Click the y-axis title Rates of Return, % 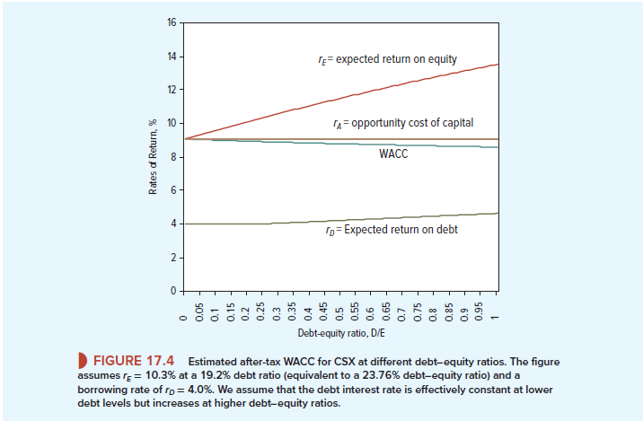(x=154, y=157)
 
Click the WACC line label (x=394, y=154)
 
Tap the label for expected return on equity (x=388, y=59)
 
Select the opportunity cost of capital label (x=401, y=122)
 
